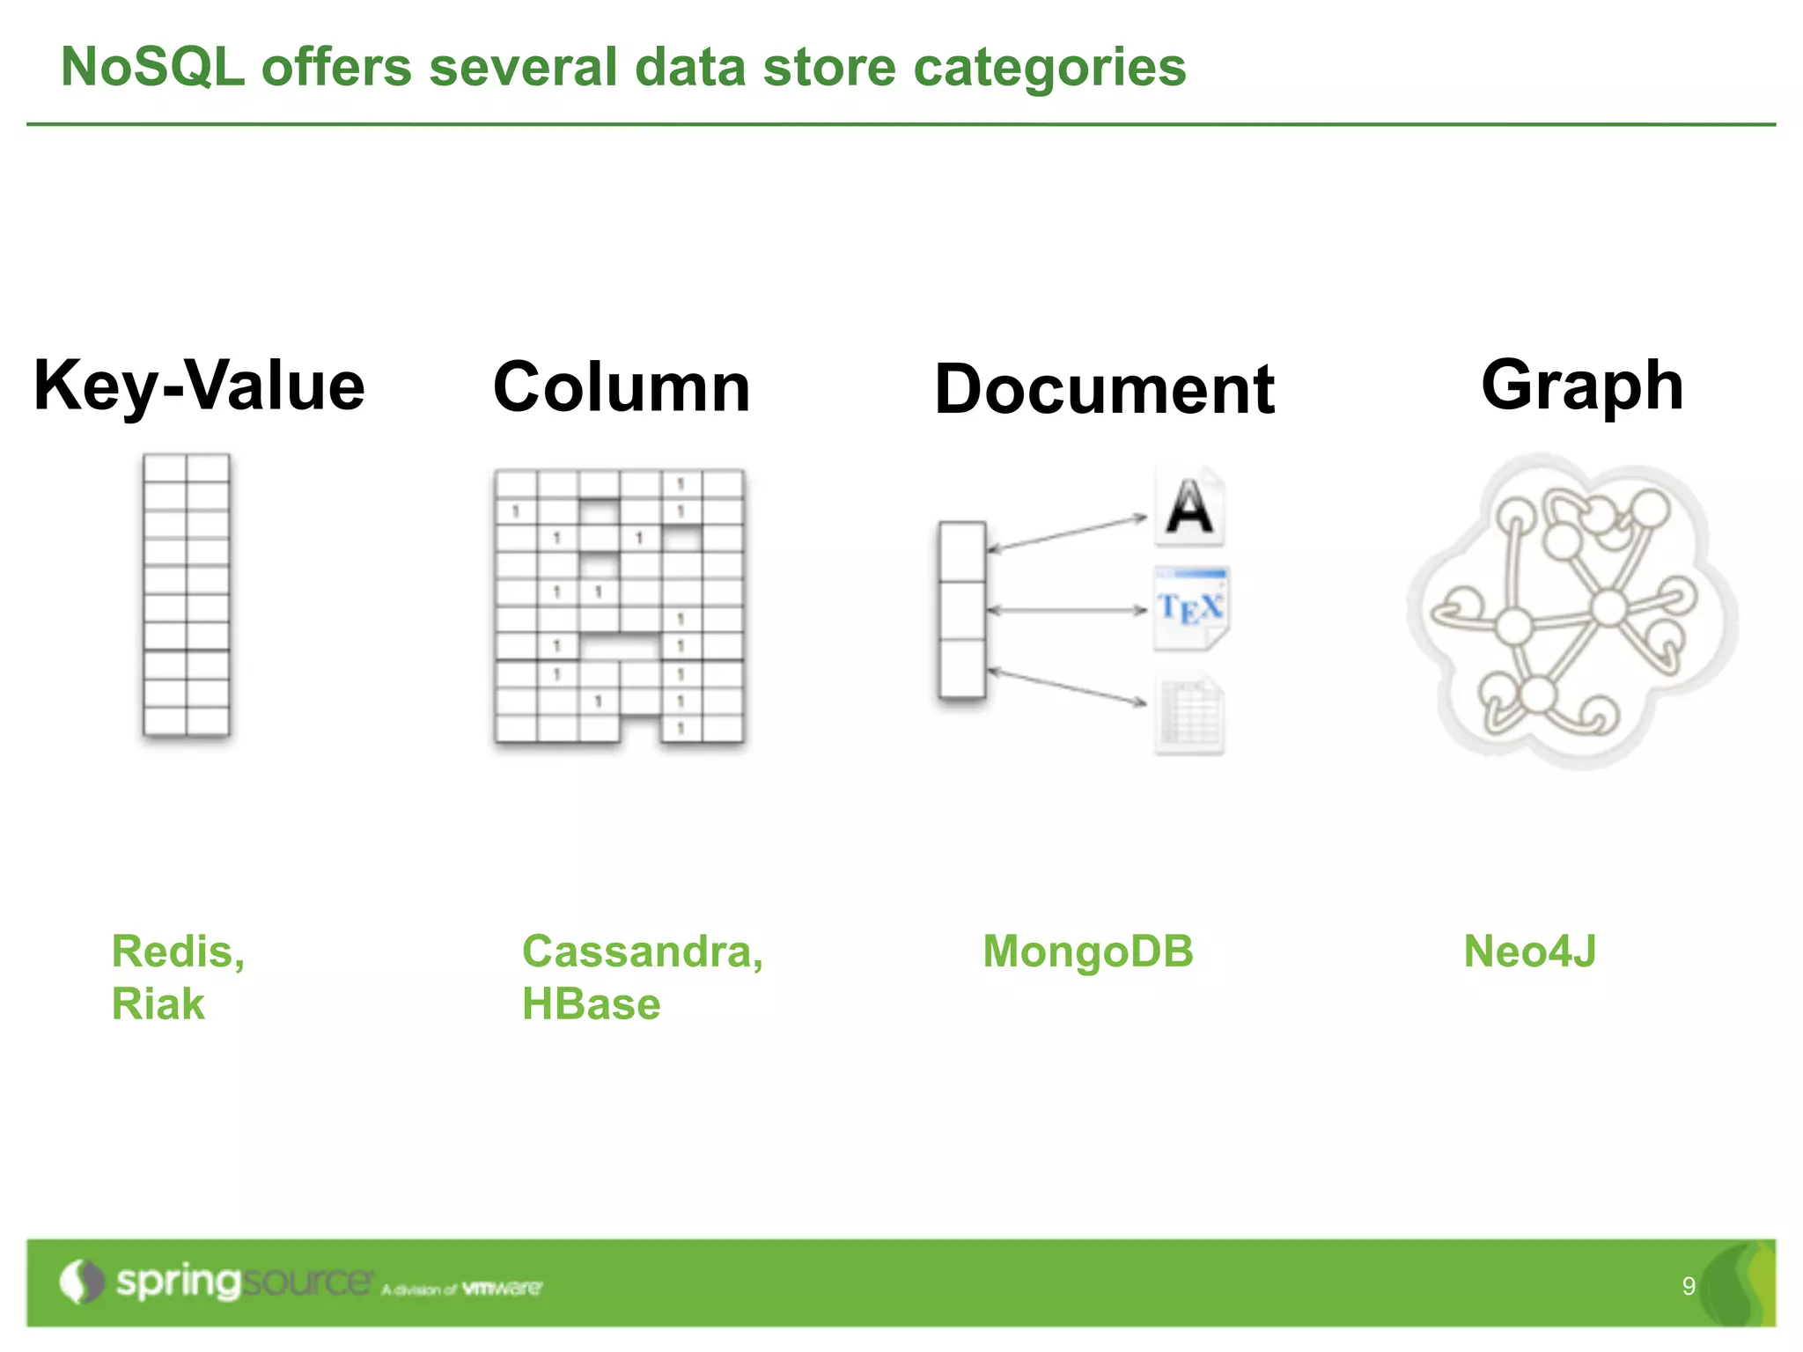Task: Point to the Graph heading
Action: click(1582, 385)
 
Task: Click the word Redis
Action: click(173, 952)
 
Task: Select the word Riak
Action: click(158, 1004)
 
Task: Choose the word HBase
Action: click(591, 1004)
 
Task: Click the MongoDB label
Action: click(1088, 952)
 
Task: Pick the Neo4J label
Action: click(1529, 952)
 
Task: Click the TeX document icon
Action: click(1190, 608)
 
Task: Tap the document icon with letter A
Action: click(1189, 507)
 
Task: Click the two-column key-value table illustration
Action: click(187, 595)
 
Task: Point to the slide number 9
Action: click(1688, 1286)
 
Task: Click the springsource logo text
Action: click(242, 1282)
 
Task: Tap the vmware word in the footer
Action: click(502, 1289)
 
